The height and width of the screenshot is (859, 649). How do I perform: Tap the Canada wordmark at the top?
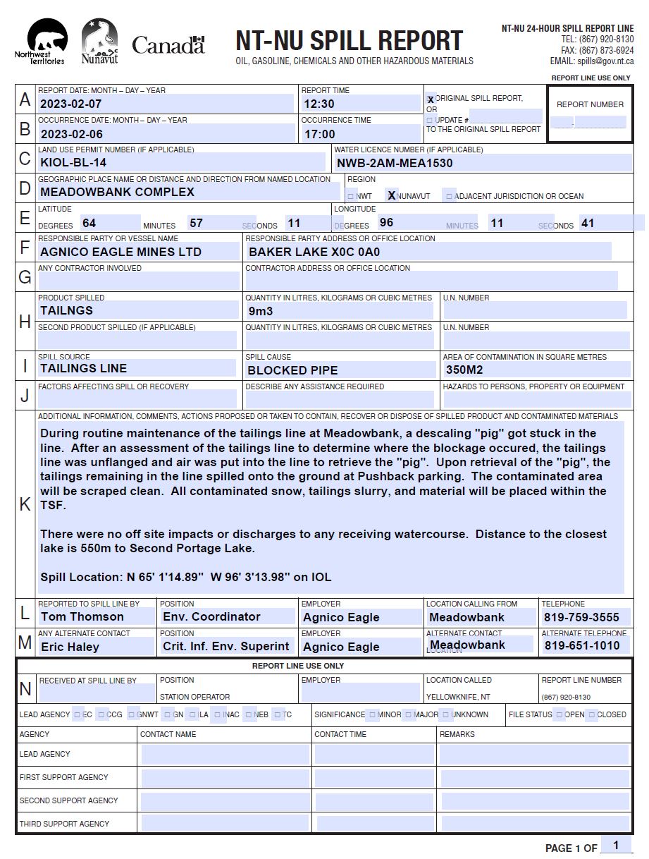168,45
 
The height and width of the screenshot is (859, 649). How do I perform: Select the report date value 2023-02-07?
72,104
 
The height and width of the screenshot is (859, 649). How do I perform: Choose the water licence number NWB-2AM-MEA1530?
394,163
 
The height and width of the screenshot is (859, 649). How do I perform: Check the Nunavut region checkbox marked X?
392,195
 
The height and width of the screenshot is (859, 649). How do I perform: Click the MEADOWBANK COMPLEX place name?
117,192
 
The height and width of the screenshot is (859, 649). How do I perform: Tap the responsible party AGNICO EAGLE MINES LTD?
120,252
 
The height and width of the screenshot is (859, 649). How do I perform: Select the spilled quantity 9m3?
260,311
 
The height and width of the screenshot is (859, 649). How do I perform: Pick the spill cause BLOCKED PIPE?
292,370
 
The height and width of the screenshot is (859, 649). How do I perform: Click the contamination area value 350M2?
464,369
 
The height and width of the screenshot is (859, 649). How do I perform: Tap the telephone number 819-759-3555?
581,617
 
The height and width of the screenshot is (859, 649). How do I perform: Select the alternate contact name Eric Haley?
70,647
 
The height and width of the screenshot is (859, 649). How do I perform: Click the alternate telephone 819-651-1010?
582,645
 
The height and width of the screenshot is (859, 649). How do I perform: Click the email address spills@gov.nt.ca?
605,61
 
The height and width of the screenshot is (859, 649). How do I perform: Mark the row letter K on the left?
25,504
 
